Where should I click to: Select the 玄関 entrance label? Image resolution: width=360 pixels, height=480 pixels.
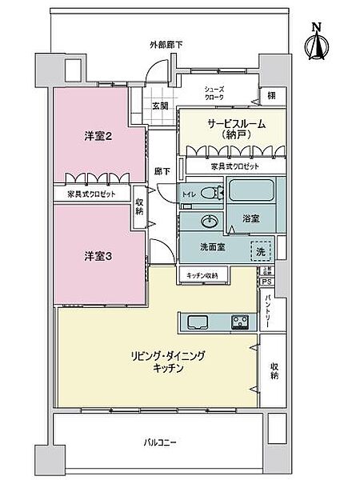pos(160,106)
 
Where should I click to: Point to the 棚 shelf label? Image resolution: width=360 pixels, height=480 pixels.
pos(272,94)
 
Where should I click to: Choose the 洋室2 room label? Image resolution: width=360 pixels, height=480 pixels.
pos(98,136)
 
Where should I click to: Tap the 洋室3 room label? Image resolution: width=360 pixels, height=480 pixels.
pos(98,255)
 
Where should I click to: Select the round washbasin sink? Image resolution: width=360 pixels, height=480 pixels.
pos(212,222)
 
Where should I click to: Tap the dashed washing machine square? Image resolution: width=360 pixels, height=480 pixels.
pos(262,249)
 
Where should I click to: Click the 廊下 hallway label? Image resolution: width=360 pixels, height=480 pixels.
pos(161,171)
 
